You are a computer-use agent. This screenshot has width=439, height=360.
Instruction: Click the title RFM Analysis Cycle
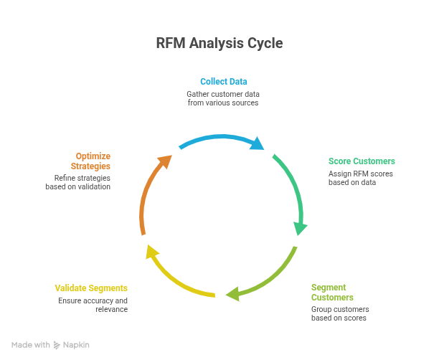pyautogui.click(x=219, y=44)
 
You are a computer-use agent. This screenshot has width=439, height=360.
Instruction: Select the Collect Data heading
pyautogui.click(x=219, y=82)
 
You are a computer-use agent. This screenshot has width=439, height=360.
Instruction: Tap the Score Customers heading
pyautogui.click(x=362, y=161)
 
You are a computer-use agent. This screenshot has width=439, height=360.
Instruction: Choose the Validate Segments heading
pyautogui.click(x=91, y=288)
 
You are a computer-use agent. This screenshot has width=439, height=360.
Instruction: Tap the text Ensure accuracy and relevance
pyautogui.click(x=93, y=304)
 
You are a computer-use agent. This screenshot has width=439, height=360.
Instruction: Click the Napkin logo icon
pyautogui.click(x=57, y=345)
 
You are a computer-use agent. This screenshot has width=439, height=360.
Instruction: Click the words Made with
pyautogui.click(x=31, y=345)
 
